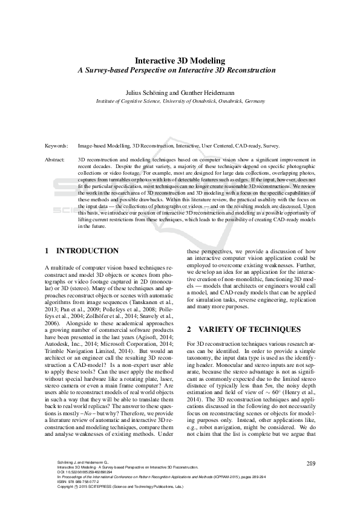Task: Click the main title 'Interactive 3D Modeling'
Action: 180,61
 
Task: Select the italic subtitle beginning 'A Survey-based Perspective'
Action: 180,70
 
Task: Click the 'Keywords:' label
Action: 57,146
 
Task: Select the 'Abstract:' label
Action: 56,159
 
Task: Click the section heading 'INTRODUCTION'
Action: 87,251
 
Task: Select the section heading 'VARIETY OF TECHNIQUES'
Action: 251,329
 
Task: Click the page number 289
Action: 311,463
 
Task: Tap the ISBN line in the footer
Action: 76,482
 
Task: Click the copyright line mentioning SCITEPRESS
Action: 112,487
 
